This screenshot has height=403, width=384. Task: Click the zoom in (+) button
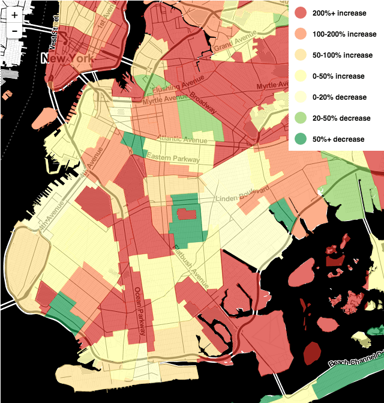14,15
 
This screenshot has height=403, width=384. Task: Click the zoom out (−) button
14,31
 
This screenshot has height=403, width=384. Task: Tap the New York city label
67,58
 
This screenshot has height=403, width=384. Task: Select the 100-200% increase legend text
344,34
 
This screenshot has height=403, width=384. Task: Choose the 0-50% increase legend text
338,76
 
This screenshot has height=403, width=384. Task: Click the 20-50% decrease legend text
341,118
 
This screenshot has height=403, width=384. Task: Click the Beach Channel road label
355,361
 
